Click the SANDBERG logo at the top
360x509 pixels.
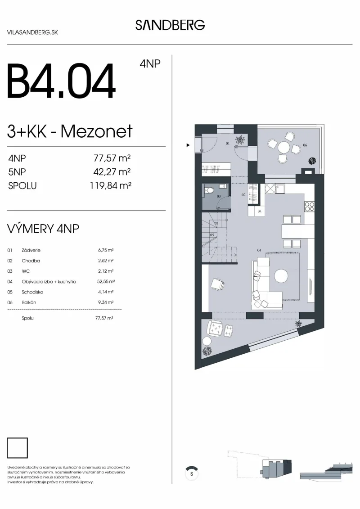click(170, 25)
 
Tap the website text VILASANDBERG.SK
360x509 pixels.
click(32, 32)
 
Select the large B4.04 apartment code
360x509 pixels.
click(61, 81)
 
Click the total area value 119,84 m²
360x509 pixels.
click(111, 186)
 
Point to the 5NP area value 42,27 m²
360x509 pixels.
click(112, 172)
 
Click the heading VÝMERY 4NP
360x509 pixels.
click(43, 229)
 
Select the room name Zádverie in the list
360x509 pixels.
click(31, 250)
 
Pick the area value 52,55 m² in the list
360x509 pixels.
click(106, 282)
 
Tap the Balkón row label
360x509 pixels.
click(29, 302)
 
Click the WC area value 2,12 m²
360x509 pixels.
click(106, 271)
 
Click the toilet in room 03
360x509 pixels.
click(209, 190)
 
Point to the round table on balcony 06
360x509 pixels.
click(283, 147)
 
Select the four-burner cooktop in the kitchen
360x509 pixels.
click(309, 207)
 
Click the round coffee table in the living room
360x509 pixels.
click(281, 276)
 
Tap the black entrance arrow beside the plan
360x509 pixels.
click(188, 145)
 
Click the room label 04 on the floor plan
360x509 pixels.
click(259, 250)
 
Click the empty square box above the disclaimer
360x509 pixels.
click(18, 448)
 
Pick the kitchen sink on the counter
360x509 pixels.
click(280, 189)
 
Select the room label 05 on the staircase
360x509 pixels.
click(212, 235)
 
